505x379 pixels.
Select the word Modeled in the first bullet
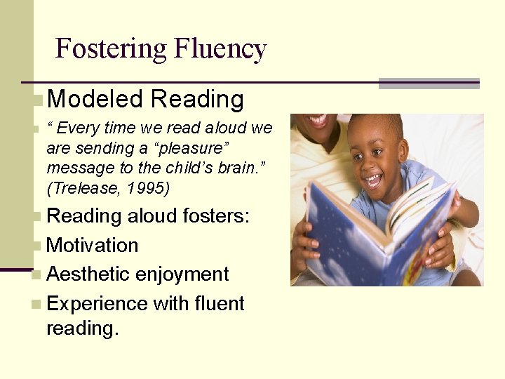(x=95, y=99)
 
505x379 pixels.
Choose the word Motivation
(x=92, y=246)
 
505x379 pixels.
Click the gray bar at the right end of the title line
(x=429, y=83)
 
